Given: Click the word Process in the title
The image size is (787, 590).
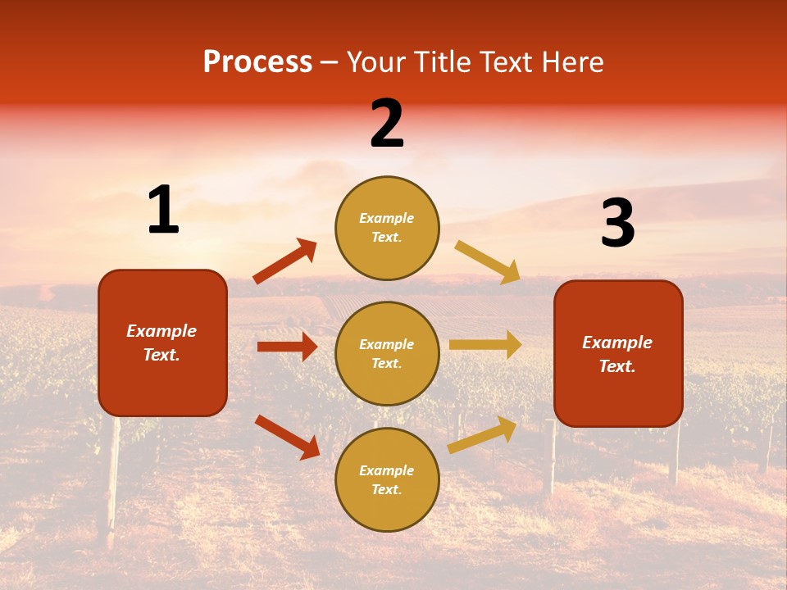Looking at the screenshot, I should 257,62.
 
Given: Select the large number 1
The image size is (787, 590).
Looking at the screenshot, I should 163,211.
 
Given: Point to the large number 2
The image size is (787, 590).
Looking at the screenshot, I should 387,125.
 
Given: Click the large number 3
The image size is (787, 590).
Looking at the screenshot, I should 617,225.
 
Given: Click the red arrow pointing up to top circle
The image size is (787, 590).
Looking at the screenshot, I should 285,261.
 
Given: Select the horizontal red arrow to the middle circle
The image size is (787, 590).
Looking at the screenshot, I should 287,347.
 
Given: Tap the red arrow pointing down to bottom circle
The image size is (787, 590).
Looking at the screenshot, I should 287,437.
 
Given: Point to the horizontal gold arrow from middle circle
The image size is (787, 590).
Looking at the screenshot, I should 485,345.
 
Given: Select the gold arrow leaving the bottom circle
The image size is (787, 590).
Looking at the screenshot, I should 483,434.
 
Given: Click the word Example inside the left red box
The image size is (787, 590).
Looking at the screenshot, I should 161,331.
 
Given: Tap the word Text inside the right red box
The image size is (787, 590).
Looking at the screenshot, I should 617,366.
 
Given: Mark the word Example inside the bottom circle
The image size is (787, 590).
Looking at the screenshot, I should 387,470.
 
